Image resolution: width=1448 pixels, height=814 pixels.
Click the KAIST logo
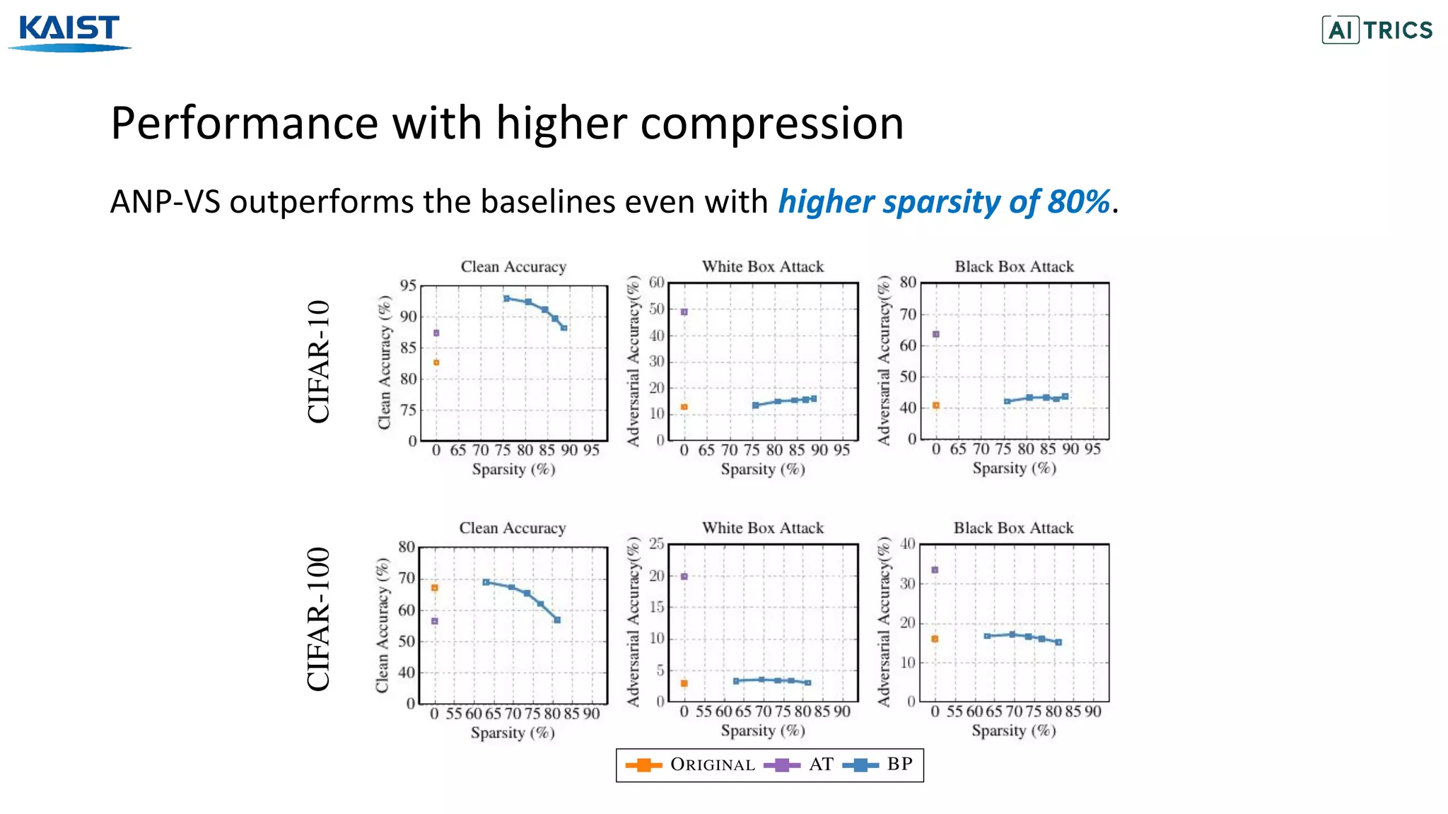click(69, 32)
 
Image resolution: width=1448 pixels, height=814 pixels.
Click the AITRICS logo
click(1377, 30)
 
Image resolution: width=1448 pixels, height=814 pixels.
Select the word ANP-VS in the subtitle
click(165, 202)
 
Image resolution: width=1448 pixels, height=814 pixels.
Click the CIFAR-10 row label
click(319, 361)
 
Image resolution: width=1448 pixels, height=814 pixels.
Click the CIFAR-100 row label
click(319, 619)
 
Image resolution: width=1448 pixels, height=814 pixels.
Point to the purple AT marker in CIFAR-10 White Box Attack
click(684, 312)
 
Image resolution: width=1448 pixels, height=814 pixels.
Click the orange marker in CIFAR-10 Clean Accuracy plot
click(436, 362)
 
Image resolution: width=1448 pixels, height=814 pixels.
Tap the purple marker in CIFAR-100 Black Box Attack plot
click(935, 570)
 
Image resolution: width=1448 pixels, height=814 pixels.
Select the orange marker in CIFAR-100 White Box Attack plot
click(684, 683)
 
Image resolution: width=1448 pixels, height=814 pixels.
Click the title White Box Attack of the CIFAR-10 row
click(762, 266)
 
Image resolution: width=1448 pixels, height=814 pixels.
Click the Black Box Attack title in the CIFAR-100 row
click(1013, 528)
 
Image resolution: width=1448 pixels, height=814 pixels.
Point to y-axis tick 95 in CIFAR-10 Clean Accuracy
click(408, 286)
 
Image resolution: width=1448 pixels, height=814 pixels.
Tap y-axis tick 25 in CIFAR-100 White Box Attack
click(656, 543)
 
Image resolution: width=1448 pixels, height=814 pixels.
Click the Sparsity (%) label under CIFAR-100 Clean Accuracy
click(513, 733)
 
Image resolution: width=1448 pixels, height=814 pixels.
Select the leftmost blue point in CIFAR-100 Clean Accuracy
click(486, 582)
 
